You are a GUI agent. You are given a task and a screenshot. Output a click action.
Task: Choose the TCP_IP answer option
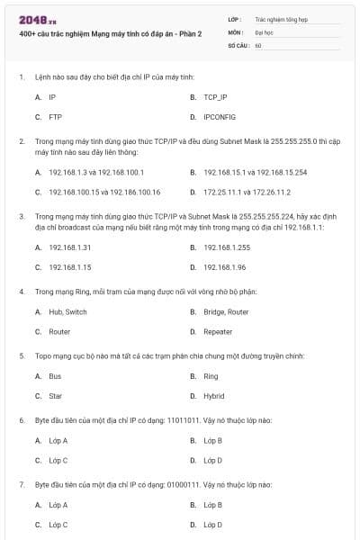[215, 96]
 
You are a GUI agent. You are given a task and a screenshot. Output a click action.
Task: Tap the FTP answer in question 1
[55, 117]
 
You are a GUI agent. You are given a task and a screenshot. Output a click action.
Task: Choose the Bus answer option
[55, 376]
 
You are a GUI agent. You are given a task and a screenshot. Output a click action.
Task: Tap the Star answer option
[56, 396]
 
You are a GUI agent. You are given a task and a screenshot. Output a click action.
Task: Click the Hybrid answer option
[214, 396]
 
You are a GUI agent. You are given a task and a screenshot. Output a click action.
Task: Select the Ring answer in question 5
[211, 376]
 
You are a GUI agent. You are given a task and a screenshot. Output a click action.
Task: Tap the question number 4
[22, 292]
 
